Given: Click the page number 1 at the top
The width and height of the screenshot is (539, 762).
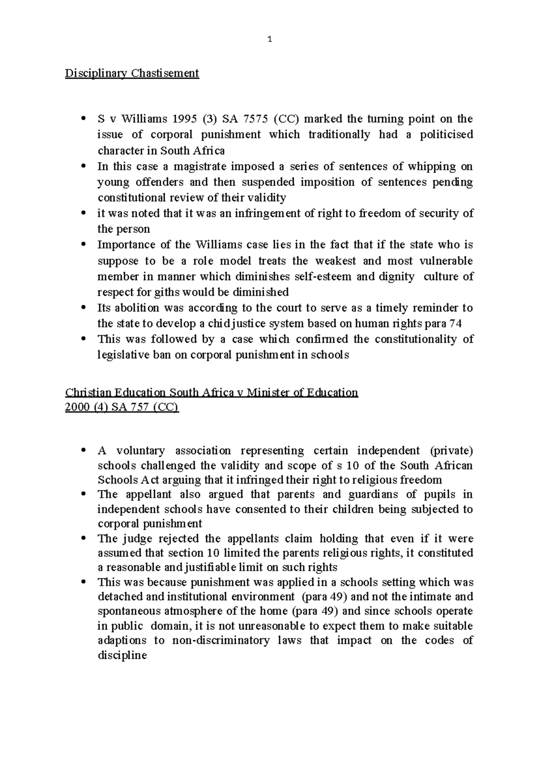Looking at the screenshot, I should coord(269,40).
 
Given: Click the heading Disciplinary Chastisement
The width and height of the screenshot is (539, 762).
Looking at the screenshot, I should coord(132,73).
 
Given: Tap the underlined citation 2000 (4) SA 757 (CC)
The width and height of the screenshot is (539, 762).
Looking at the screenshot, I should coord(122,408).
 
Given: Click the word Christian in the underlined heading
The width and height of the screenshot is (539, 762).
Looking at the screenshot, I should coord(86,393).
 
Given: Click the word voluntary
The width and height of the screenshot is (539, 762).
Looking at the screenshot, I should coord(140,451).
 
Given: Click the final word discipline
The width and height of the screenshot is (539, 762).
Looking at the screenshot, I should coord(122,656).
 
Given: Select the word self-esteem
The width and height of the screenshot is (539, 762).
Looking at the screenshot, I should coord(322,277).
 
